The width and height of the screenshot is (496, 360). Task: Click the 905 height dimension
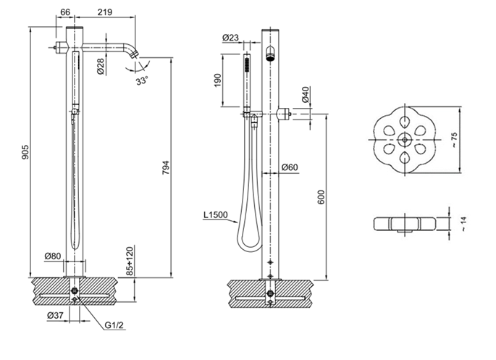tap(25, 153)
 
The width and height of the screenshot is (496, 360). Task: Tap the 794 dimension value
tap(166, 167)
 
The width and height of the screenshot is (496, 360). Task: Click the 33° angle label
tap(141, 81)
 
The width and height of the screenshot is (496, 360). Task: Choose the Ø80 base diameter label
tap(51, 256)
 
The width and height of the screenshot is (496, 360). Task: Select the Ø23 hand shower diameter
tap(232, 38)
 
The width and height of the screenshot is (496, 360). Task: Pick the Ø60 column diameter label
tap(288, 168)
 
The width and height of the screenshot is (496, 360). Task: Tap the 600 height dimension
tap(321, 196)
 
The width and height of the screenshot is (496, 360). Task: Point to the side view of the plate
tap(405, 222)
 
